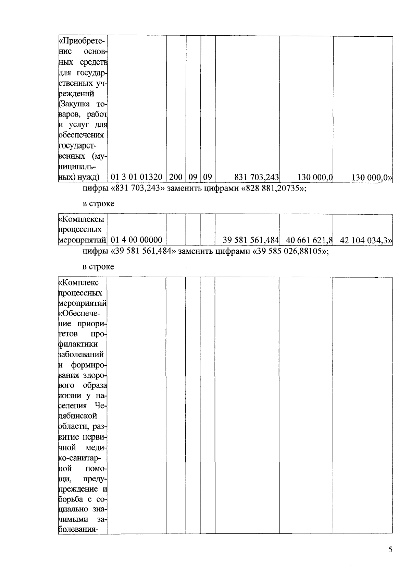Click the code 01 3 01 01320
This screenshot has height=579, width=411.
137,177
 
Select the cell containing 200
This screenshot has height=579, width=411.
176,177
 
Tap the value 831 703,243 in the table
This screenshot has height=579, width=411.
257,177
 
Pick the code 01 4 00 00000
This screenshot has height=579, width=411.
137,240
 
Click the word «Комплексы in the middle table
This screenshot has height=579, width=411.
82,219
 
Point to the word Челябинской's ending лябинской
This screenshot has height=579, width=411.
78,416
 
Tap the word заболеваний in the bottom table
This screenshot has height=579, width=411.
81,354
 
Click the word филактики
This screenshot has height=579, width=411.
78,344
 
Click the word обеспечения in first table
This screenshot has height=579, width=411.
81,135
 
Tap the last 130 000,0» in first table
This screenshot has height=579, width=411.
372,177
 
